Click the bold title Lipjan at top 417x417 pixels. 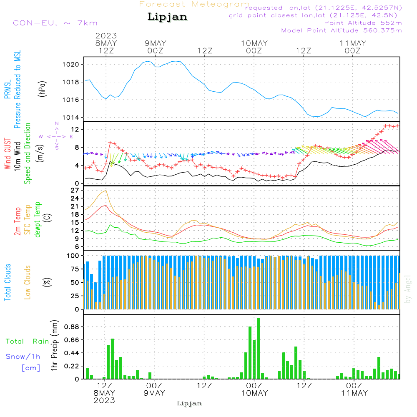coord(167,17)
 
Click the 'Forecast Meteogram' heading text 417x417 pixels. coord(194,4)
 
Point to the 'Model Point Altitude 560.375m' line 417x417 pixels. coord(342,30)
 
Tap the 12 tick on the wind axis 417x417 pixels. coord(75,130)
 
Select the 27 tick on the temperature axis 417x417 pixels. coord(75,190)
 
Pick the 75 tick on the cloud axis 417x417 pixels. coord(75,269)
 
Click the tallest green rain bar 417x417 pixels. coord(259,348)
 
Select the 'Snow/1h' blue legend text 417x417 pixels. coord(23,357)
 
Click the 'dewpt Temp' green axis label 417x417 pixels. coord(38,220)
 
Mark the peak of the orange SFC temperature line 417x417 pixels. coord(106,191)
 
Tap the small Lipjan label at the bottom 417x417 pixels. coord(189,403)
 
